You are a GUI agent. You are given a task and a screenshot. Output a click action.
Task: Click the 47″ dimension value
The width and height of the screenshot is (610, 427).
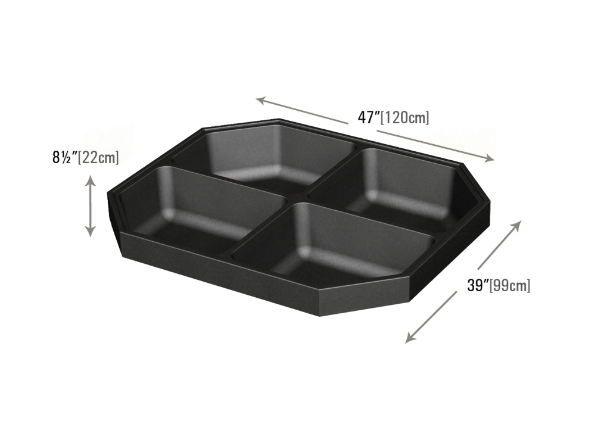[368, 117]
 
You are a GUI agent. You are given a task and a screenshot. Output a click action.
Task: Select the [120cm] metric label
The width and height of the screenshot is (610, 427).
[404, 117]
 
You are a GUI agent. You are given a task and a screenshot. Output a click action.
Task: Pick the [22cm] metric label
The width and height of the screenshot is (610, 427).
[98, 157]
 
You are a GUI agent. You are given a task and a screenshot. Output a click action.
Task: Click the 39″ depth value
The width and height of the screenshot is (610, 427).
[478, 285]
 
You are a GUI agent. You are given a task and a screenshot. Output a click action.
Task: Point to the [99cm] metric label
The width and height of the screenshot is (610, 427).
[510, 285]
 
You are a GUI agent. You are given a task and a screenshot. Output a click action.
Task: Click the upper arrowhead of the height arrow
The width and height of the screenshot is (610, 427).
[91, 180]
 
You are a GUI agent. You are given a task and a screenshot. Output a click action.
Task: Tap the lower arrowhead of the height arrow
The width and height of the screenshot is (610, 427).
[91, 232]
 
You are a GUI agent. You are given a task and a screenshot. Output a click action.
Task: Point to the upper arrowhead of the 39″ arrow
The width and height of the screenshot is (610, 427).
[516, 226]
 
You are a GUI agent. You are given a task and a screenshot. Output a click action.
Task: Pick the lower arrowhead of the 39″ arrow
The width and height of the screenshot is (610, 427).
[410, 337]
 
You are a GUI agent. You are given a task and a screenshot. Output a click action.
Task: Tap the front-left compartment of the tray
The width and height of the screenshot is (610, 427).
[203, 208]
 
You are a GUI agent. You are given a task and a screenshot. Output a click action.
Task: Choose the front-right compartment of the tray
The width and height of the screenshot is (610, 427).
[335, 243]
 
